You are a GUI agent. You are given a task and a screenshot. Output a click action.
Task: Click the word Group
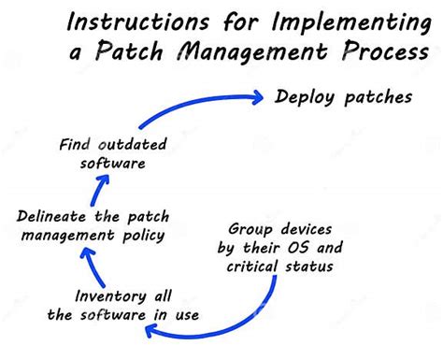click(x=250, y=229)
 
